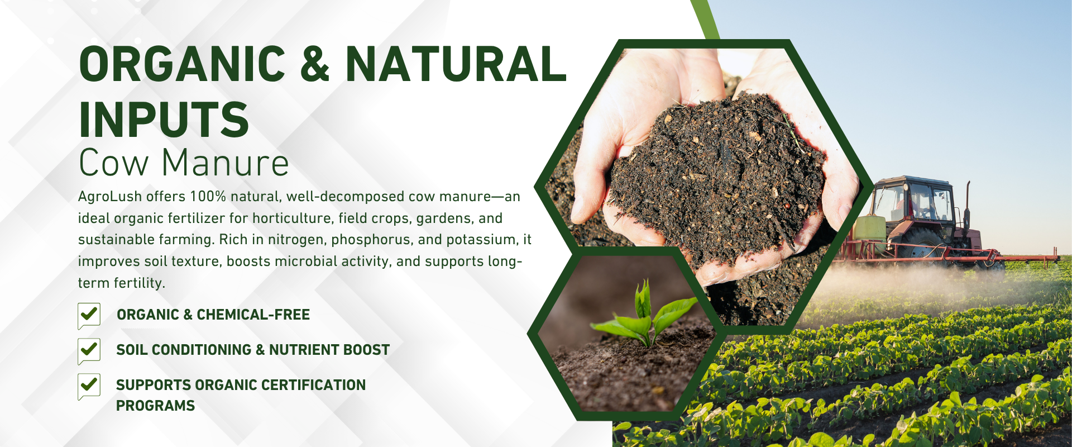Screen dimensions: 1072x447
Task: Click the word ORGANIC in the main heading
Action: [182, 64]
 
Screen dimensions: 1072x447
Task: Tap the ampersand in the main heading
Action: [315, 64]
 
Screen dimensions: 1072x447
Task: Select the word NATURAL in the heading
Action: [456, 64]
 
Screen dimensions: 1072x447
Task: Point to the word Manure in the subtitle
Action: [226, 163]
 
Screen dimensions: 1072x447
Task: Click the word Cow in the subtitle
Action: [114, 163]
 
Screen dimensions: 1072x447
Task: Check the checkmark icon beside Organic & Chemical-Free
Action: [89, 316]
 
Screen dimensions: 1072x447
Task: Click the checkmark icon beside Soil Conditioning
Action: [89, 351]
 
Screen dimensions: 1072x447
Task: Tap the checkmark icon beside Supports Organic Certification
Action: [89, 386]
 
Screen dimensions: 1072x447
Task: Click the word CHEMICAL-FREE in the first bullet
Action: [253, 315]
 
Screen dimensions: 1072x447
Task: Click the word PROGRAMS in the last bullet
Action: [155, 406]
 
